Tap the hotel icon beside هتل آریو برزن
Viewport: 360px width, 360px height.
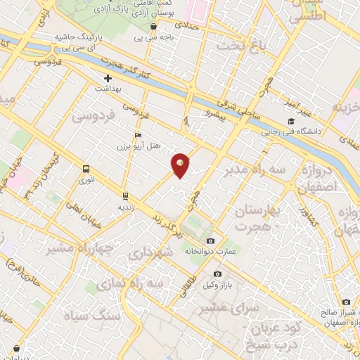tap(137, 136)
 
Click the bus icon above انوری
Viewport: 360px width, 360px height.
tap(86, 169)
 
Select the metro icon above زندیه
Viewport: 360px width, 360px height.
tap(125, 195)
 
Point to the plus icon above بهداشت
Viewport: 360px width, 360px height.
tap(108, 79)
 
